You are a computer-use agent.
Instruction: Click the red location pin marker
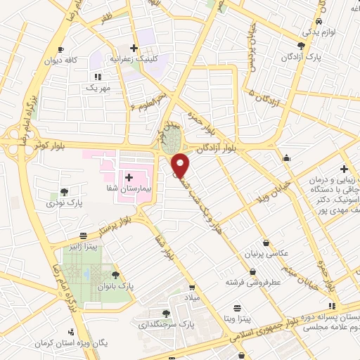point(181,165)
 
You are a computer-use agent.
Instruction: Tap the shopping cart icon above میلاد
point(193,287)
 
